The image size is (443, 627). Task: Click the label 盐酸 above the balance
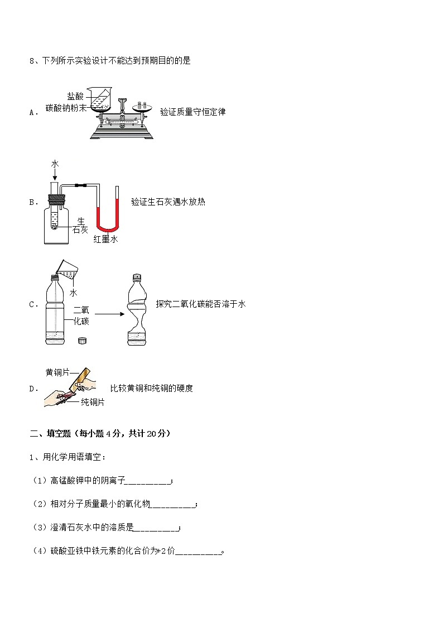[x=75, y=97]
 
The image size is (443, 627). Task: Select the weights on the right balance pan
[x=143, y=104]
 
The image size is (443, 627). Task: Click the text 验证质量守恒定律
[x=192, y=112]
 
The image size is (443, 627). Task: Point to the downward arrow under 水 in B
[x=55, y=174]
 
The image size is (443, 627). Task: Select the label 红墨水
[x=105, y=240]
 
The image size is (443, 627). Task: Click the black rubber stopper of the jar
[x=56, y=198]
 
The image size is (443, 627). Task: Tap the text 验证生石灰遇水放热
[x=168, y=202]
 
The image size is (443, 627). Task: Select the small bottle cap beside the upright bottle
[x=82, y=339]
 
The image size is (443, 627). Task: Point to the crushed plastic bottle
[x=137, y=310]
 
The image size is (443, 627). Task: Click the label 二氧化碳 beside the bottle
[x=81, y=315]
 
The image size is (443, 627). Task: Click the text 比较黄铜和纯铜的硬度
[x=152, y=388]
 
